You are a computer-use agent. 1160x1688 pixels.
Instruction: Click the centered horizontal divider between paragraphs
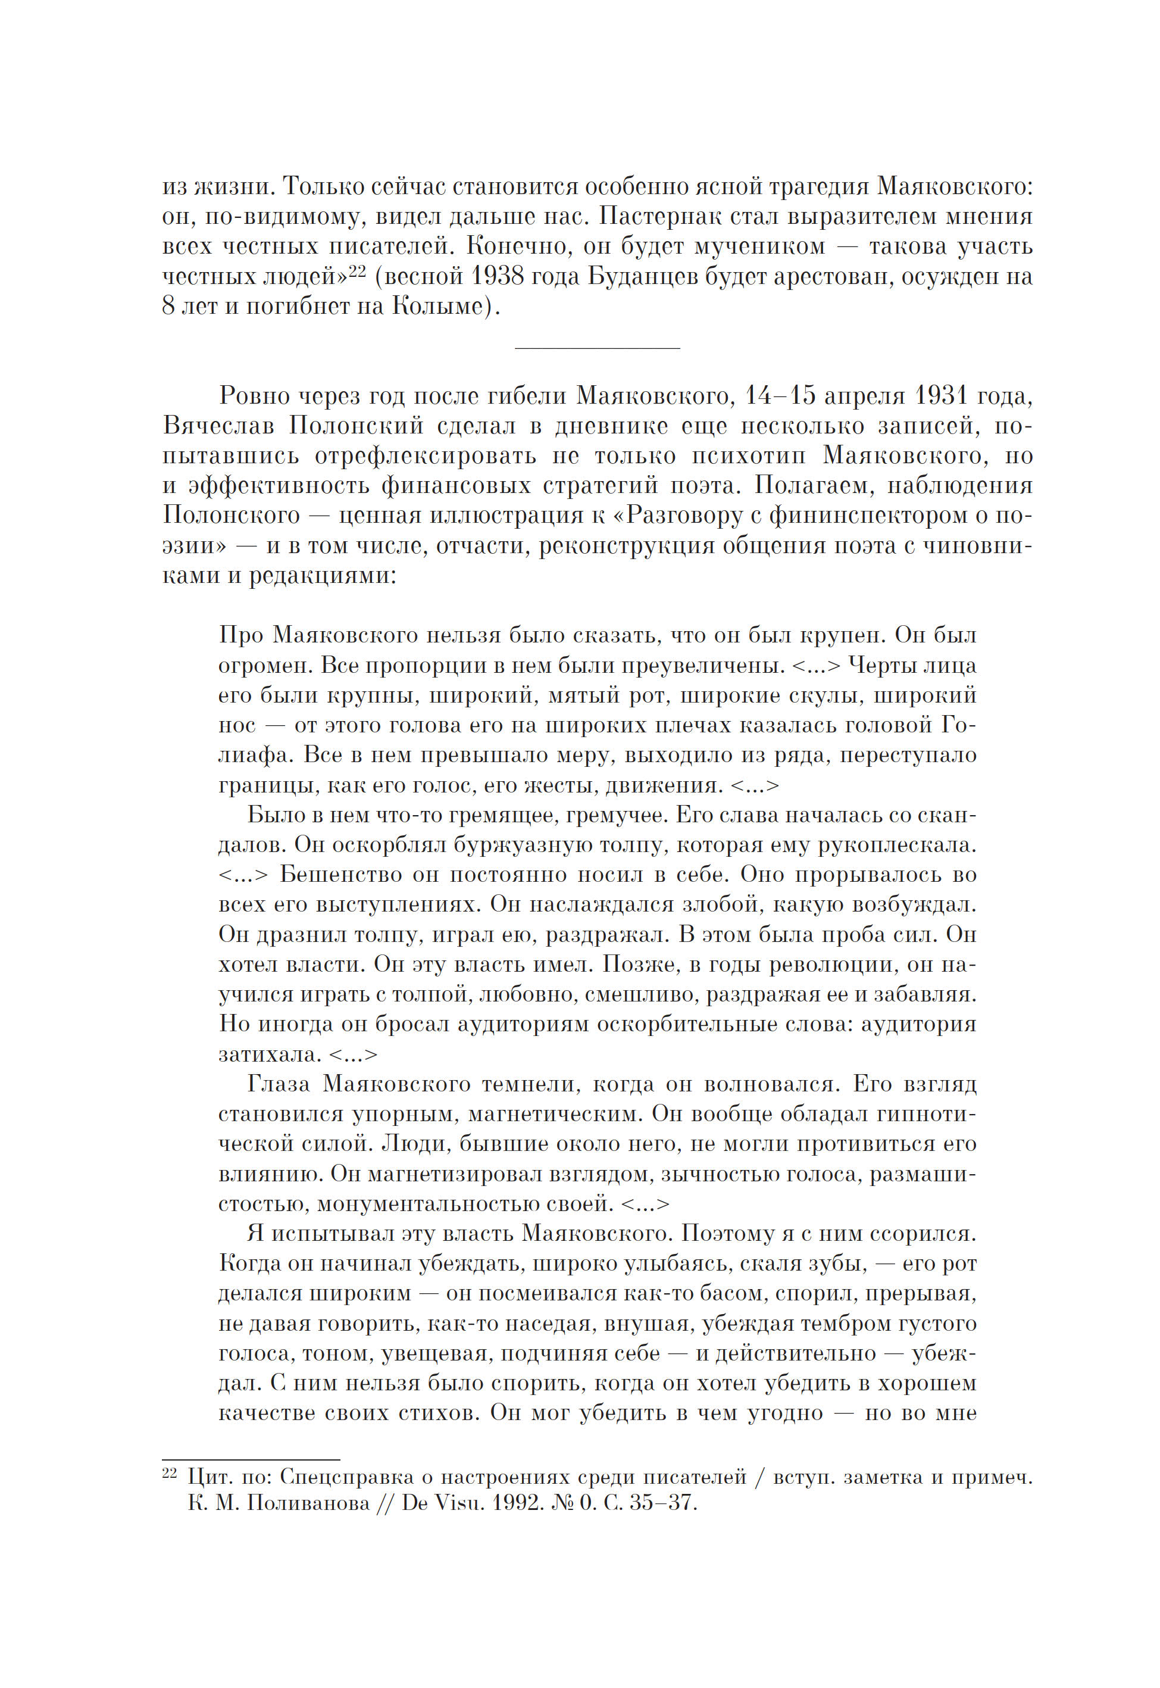pos(597,348)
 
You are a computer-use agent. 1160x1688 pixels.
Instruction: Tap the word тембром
pos(846,1323)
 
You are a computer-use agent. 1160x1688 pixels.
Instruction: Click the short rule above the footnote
pos(251,1459)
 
